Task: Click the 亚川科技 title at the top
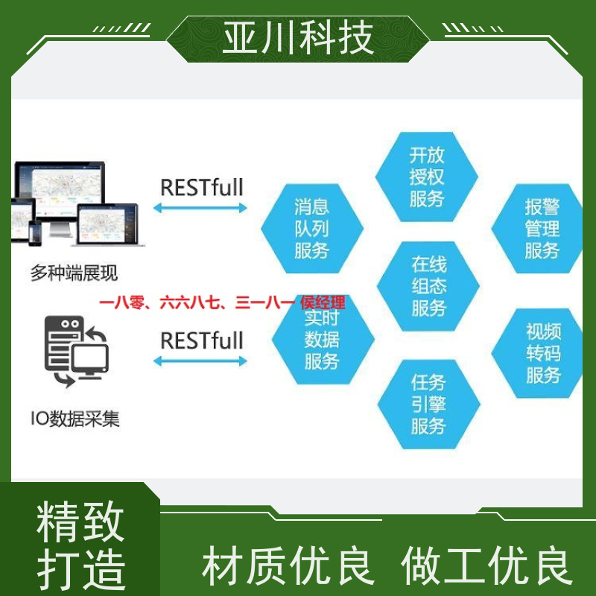point(298,38)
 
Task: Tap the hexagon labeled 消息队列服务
point(312,229)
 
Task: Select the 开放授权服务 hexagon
point(426,177)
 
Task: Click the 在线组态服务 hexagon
point(428,286)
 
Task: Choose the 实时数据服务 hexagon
point(323,340)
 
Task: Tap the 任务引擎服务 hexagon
point(429,404)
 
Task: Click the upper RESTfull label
point(202,188)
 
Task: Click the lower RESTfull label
point(202,340)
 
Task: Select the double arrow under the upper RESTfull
point(200,208)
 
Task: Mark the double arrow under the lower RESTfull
point(200,361)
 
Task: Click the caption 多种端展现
point(74,273)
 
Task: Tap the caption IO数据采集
point(75,419)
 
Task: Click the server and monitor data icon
point(77,351)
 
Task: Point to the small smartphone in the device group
point(35,233)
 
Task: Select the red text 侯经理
point(323,303)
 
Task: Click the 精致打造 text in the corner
point(80,545)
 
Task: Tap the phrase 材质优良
point(288,565)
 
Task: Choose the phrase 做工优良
point(487,565)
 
